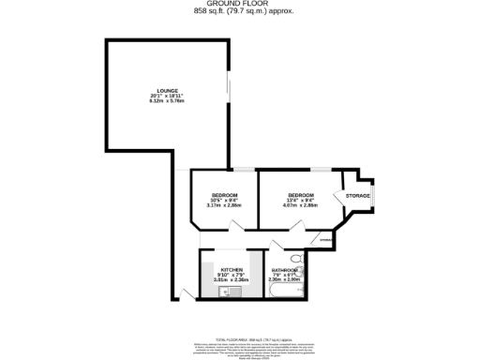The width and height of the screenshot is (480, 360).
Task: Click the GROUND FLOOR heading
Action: [239, 4]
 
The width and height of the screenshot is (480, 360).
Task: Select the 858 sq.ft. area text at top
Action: [239, 11]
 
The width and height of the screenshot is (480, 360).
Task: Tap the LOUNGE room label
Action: [169, 91]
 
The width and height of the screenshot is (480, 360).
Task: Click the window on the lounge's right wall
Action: [228, 94]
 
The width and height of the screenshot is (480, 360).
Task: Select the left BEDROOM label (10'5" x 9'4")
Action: [223, 195]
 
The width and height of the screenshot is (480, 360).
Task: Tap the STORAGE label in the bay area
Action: [358, 196]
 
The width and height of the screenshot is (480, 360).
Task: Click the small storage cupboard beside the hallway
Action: [325, 240]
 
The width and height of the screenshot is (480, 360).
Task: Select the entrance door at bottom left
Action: [188, 295]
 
